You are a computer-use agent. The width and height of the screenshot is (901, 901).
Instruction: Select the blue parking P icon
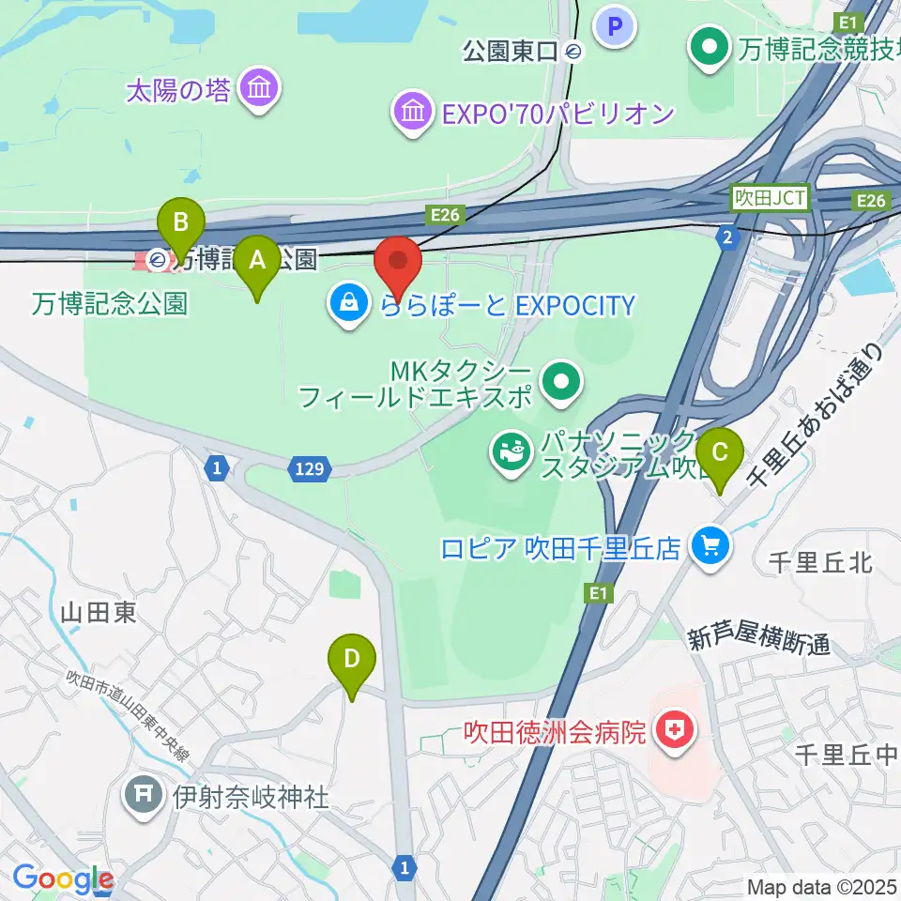coord(616,25)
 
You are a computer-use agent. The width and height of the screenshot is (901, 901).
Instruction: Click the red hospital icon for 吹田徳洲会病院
coord(673,730)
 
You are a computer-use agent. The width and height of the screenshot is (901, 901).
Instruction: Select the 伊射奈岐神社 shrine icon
coord(145,797)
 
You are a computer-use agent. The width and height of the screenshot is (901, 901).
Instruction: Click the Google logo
coord(62,879)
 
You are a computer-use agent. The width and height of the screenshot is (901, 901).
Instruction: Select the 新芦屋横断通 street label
coord(758,642)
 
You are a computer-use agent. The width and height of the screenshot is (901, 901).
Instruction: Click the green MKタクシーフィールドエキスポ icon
coord(562,383)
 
